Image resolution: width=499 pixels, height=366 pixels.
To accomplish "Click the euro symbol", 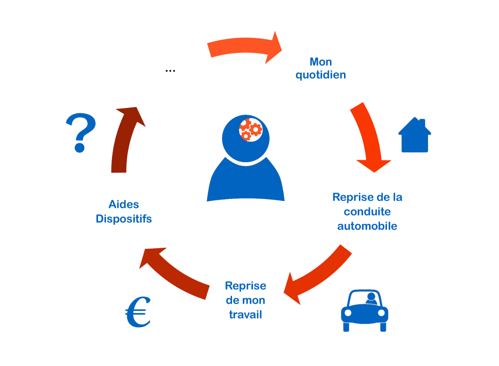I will click(x=138, y=312).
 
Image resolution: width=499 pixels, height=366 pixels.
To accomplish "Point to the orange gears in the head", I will click(x=251, y=129).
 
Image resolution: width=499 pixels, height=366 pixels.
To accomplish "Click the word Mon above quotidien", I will click(x=321, y=62).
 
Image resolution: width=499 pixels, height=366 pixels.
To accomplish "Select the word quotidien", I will click(x=321, y=75).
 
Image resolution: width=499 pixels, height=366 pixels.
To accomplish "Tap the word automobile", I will click(x=367, y=226).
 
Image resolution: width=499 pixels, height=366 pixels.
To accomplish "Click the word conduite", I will click(x=367, y=212).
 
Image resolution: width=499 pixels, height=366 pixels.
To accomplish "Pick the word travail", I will click(x=246, y=315).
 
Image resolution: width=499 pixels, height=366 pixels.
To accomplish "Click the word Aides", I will click(x=124, y=204).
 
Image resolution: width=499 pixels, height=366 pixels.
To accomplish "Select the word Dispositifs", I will click(x=124, y=219).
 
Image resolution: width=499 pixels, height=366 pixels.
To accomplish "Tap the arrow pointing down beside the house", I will click(x=369, y=138).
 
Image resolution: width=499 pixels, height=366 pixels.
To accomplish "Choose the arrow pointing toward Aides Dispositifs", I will click(x=175, y=273).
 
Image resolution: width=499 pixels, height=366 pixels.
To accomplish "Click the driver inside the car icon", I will click(x=371, y=298).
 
